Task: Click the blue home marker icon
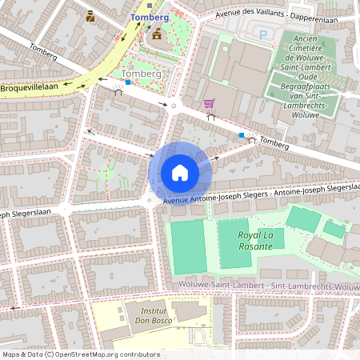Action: [180, 173]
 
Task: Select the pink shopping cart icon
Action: [209, 103]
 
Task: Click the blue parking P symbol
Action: [263, 34]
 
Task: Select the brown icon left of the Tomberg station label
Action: [90, 15]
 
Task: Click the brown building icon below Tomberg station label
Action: [156, 34]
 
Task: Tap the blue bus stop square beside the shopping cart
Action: [242, 135]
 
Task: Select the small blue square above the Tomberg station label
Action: [148, 5]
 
